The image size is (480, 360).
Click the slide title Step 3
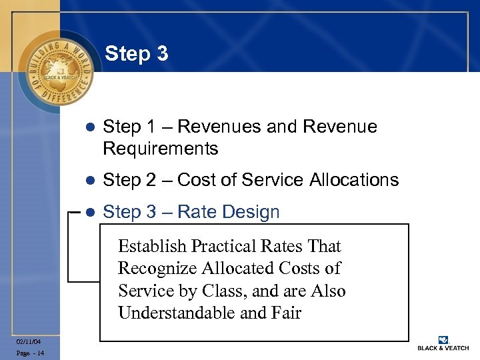[137, 53]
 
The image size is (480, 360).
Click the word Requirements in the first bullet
[161, 148]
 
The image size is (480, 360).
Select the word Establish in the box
[151, 247]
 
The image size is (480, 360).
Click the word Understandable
[176, 313]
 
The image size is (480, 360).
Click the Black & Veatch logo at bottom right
[442, 343]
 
